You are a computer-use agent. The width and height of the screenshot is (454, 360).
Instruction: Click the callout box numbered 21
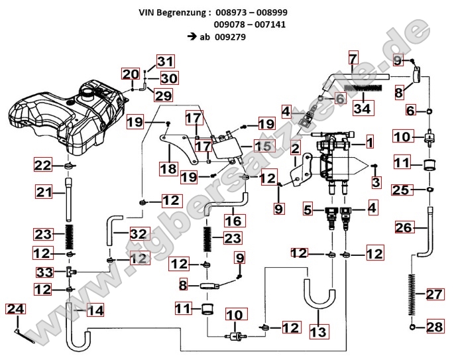pos(44,192)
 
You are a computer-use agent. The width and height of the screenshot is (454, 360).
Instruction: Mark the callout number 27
pos(433,294)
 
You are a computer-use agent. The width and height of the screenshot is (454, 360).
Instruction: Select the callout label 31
pos(166,62)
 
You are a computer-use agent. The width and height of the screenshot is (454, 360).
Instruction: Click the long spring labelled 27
pos(414,294)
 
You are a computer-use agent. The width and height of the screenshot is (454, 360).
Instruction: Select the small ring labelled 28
pos(414,327)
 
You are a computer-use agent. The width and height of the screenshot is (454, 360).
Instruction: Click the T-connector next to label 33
pos(69,272)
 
